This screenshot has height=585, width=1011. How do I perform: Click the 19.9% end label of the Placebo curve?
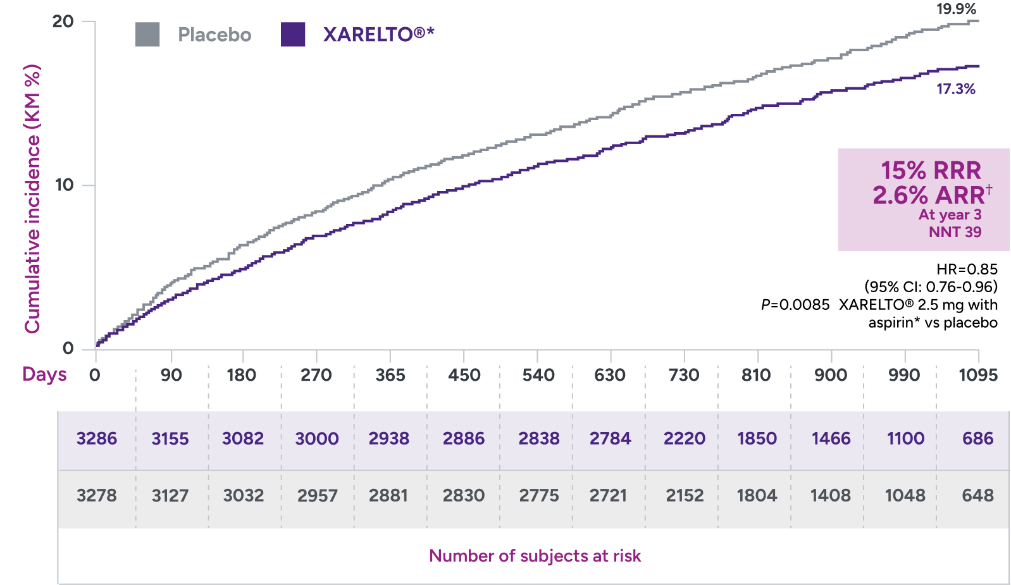[x=956, y=9]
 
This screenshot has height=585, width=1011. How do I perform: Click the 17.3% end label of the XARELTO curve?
[x=956, y=89]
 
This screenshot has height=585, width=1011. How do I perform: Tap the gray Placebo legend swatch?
[x=147, y=35]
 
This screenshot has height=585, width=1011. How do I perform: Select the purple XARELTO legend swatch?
[x=293, y=35]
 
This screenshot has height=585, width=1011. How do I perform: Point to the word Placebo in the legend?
[x=214, y=35]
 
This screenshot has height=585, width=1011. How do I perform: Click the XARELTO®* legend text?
[x=378, y=35]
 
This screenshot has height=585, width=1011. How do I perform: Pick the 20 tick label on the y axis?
[x=63, y=22]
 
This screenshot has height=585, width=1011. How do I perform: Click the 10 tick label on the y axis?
[x=65, y=185]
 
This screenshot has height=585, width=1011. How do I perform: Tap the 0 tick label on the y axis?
[x=68, y=348]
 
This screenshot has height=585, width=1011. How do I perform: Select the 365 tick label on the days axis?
[x=390, y=375]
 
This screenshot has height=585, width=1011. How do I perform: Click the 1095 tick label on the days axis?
[x=977, y=375]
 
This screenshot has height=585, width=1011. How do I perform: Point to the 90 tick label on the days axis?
[x=171, y=375]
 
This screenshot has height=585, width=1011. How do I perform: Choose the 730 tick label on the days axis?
[x=683, y=375]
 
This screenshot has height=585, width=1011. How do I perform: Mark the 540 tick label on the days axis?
[x=538, y=375]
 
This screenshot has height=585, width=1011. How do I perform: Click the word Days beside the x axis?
[x=44, y=374]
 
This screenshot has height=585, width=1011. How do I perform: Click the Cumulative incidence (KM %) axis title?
[x=32, y=199]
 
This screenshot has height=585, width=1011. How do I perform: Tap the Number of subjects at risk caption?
[x=535, y=556]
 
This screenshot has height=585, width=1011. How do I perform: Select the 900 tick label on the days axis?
[x=830, y=375]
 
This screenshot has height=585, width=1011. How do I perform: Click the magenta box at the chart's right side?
[x=923, y=199]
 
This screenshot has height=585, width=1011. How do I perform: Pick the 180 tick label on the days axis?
[x=241, y=375]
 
